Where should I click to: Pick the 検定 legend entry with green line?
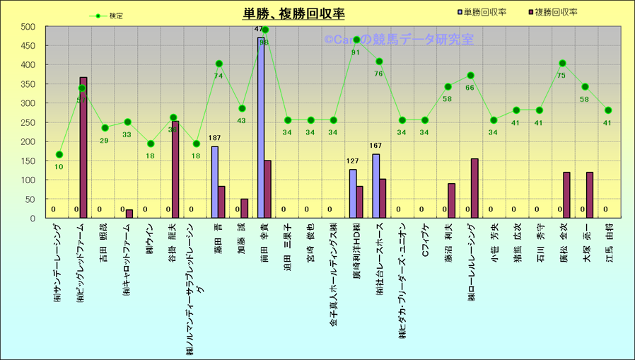[x=105, y=16]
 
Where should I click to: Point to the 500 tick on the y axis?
[x=28, y=27]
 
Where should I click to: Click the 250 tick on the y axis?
[x=28, y=122]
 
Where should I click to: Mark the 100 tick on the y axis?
[x=28, y=180]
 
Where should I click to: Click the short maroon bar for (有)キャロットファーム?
[x=129, y=214]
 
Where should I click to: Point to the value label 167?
[x=376, y=146]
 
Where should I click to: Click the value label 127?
[x=353, y=161]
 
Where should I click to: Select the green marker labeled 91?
[x=356, y=40]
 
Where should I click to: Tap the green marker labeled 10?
[x=59, y=155]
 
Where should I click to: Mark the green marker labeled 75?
[x=562, y=64]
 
